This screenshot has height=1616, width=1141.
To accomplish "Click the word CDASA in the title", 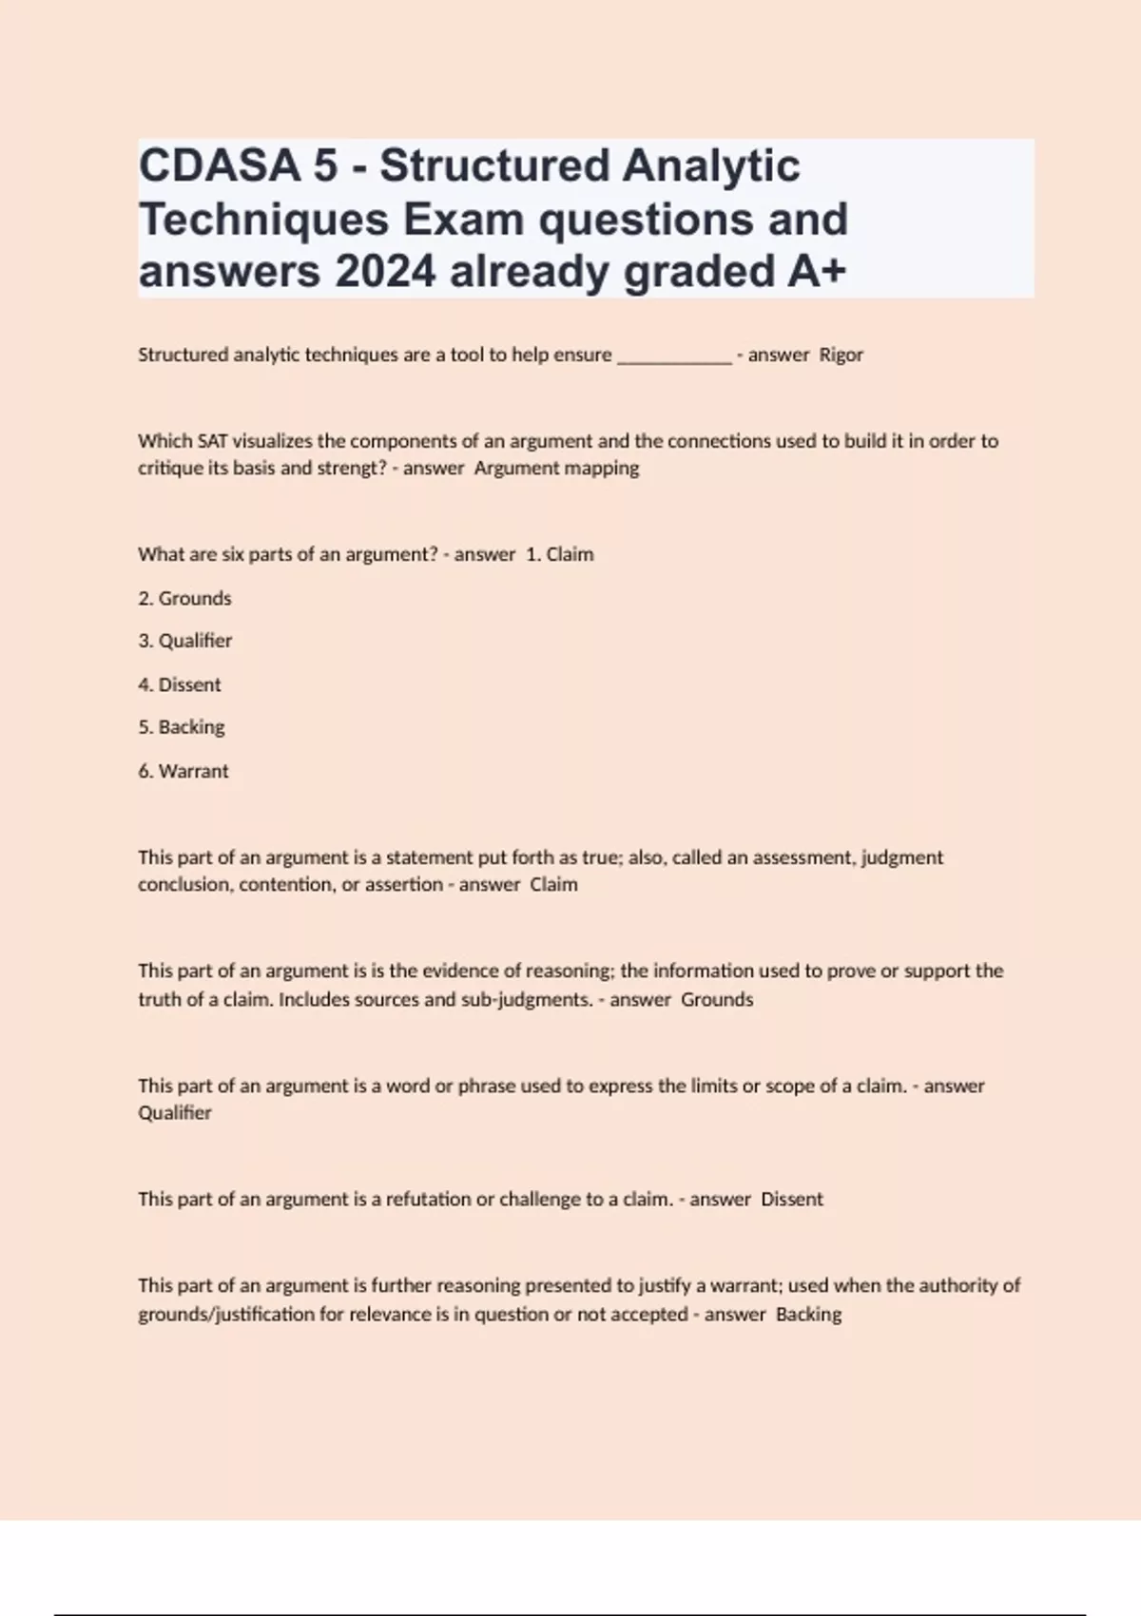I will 220,165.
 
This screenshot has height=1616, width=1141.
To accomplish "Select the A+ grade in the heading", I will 816,272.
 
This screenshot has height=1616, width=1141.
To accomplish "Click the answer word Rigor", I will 841,355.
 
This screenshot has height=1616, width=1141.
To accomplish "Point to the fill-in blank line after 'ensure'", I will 674,359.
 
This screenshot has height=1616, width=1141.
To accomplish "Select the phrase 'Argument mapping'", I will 556,468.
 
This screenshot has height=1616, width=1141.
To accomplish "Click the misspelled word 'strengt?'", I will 354,468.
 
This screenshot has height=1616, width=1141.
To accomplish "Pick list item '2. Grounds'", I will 184,598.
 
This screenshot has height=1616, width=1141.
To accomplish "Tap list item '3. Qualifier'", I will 184,641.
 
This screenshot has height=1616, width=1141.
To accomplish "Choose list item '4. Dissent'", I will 180,684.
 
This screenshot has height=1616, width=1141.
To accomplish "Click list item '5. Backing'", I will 182,727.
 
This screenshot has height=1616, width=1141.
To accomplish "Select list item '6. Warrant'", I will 184,771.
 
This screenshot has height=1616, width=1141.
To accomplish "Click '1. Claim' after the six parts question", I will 559,554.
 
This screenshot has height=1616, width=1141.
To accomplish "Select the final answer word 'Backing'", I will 808,1314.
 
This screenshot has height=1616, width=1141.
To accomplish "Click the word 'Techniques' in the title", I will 264,220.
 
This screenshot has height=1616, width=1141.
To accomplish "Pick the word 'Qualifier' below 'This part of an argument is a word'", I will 175,1113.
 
